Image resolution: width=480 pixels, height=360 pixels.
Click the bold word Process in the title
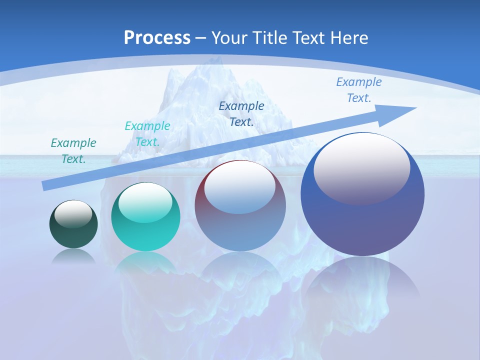pyautogui.click(x=157, y=38)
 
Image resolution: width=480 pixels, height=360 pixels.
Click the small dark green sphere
pyautogui.click(x=73, y=224)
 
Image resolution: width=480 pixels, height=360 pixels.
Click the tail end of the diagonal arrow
pyautogui.click(x=45, y=185)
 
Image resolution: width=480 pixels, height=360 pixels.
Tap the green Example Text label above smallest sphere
pyautogui.click(x=73, y=151)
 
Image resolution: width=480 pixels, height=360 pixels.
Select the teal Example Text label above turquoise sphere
pyautogui.click(x=147, y=134)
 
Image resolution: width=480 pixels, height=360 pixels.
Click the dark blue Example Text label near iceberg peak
pyautogui.click(x=241, y=113)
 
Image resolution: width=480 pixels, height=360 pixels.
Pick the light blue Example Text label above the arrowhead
pyautogui.click(x=358, y=90)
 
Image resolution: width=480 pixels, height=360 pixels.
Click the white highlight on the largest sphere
pyautogui.click(x=361, y=168)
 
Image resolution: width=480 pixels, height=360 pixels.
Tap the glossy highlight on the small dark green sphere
pyautogui.click(x=73, y=213)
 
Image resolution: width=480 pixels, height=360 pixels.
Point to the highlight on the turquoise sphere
pyautogui.click(x=146, y=202)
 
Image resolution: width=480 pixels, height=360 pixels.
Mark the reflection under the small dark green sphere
pyautogui.click(x=73, y=256)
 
